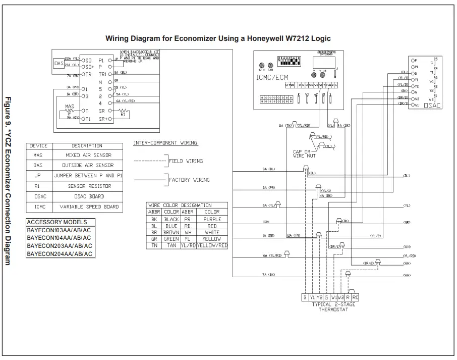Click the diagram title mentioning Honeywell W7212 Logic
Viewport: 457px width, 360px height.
[218, 38]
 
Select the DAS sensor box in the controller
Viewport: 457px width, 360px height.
[59, 64]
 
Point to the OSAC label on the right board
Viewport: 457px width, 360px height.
[432, 106]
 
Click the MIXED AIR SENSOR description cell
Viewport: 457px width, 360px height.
[88, 155]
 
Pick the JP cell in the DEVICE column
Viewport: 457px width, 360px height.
[38, 176]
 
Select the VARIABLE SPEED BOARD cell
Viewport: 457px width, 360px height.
[88, 207]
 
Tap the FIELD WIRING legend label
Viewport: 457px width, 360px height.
[186, 161]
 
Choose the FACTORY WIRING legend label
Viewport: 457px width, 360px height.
[189, 180]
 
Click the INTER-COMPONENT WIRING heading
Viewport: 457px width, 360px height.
[165, 143]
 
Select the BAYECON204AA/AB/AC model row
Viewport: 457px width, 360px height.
[59, 254]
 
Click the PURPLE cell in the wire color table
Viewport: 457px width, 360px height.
[212, 220]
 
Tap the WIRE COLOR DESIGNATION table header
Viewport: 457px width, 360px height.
[179, 205]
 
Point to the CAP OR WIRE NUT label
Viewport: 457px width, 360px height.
[304, 154]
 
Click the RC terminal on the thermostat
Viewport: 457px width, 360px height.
[355, 298]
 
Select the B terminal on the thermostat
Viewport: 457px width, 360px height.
[305, 298]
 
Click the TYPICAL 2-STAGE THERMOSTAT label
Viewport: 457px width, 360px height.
[333, 307]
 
